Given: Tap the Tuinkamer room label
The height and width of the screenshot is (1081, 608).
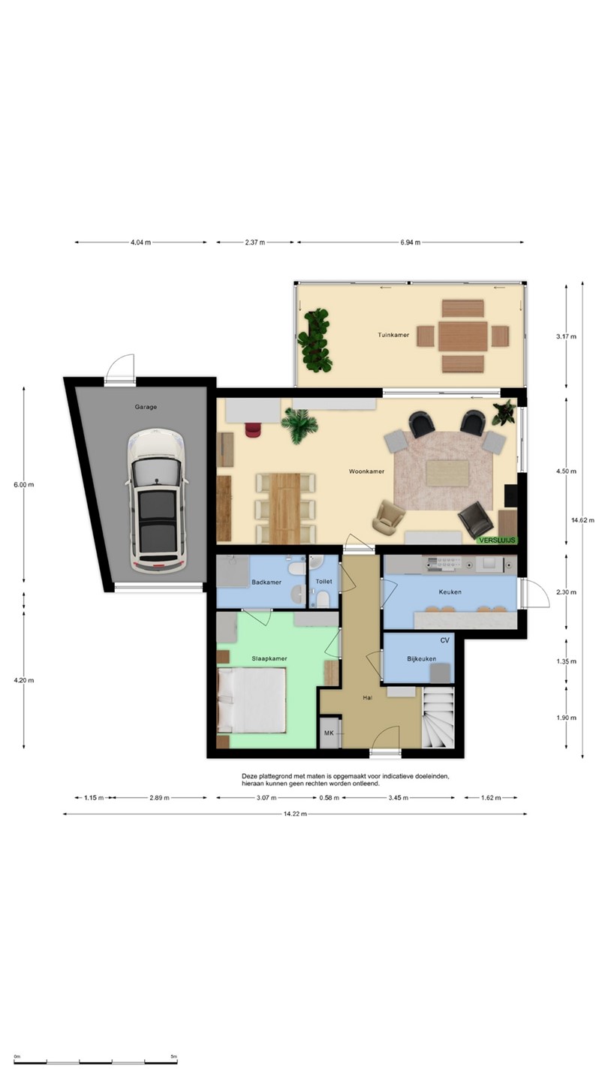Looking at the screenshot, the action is [x=393, y=335].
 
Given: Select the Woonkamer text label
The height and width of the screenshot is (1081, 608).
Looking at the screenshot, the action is [x=367, y=471].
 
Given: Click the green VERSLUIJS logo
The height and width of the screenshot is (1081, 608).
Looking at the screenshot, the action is [x=498, y=540].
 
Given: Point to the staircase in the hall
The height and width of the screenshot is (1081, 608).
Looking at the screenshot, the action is [x=438, y=717].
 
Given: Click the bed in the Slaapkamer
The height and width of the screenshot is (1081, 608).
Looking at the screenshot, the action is [x=252, y=700].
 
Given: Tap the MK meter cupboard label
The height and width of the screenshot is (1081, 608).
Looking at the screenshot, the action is [x=329, y=733].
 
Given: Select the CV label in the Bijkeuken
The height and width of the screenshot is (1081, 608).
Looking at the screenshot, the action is [x=444, y=640].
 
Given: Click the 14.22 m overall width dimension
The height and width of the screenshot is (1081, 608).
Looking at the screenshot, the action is [x=295, y=814].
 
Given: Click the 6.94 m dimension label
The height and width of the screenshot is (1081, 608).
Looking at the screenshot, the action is [x=410, y=242].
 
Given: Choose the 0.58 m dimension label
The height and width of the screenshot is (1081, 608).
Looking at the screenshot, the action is [x=329, y=798].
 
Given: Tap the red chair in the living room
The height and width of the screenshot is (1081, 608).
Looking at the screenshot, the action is [x=253, y=429].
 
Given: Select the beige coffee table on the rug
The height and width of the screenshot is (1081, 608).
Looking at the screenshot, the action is [x=448, y=473].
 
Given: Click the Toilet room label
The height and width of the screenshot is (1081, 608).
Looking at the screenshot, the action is [x=324, y=581].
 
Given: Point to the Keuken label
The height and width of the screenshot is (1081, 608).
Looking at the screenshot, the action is [x=450, y=592].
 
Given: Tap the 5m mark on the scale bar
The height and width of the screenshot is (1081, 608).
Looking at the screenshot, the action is [x=174, y=1056].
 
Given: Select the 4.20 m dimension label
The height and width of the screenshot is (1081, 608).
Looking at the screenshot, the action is [x=24, y=680].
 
